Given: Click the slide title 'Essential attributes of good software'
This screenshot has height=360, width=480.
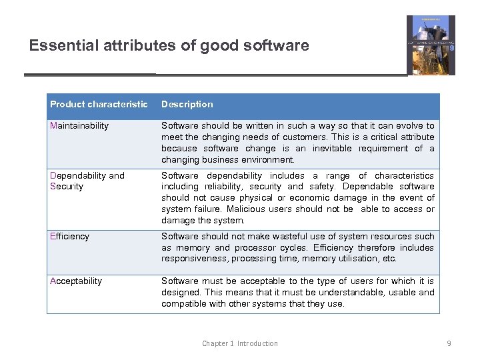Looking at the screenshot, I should [169, 45].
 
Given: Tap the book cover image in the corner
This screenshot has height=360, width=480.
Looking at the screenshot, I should [431, 45].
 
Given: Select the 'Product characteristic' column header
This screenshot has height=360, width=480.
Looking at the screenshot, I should [99, 104].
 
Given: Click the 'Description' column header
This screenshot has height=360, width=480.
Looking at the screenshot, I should [187, 104].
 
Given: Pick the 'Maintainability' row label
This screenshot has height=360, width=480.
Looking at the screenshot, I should [79, 125].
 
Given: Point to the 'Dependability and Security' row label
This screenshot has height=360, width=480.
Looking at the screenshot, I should [87, 181].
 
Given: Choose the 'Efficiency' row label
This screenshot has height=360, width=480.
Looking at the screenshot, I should [69, 236].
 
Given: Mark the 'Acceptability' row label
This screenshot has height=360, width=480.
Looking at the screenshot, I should [76, 281].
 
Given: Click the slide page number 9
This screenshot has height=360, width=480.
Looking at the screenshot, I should [449, 343].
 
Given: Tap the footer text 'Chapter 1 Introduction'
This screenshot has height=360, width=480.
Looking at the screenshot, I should [240, 343].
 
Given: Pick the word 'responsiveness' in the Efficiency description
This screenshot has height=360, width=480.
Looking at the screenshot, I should [191, 259].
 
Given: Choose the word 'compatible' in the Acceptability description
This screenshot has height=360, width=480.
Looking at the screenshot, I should [183, 303].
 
